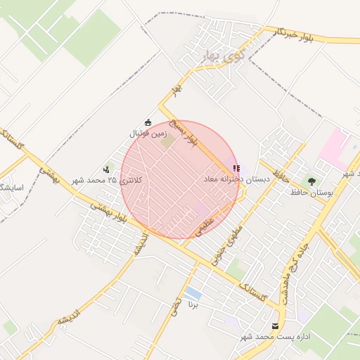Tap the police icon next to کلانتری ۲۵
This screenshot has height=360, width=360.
tap(107, 169)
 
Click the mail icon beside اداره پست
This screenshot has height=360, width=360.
tap(275, 326)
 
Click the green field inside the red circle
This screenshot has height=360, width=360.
tap(168, 140)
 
